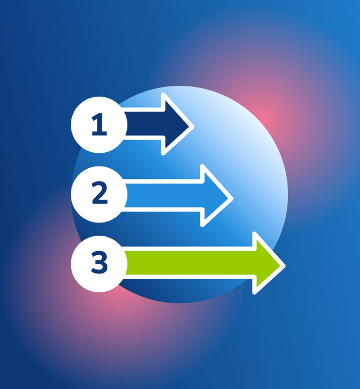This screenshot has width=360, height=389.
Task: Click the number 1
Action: tap(99, 125)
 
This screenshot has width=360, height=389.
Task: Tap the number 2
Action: tap(99, 194)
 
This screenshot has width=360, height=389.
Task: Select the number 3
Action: tap(99, 264)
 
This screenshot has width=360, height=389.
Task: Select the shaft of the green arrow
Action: tap(189, 264)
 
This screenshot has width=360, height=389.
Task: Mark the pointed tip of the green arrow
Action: tap(282, 264)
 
